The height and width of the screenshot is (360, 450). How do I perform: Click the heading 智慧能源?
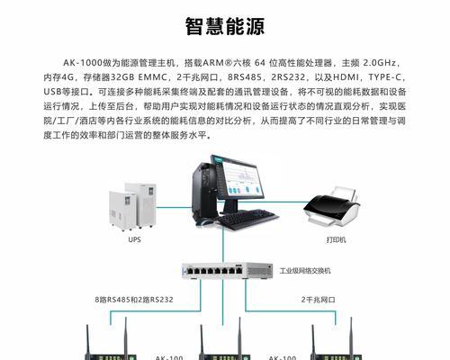[225, 26]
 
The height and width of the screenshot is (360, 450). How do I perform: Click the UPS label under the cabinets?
[134, 239]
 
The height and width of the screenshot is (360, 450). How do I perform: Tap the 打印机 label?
[337, 239]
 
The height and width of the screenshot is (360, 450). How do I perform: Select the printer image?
[331, 207]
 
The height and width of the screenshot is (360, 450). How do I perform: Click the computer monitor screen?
[238, 177]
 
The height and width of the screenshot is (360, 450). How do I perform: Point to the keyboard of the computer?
[247, 220]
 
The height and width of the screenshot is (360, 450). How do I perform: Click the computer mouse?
[204, 221]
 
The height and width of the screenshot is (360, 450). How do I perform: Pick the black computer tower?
[204, 191]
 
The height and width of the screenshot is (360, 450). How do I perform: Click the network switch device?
[228, 271]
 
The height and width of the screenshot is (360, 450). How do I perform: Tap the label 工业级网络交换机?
[305, 271]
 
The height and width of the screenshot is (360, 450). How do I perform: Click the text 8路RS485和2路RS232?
[134, 300]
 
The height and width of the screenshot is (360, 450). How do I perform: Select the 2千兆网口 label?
[319, 300]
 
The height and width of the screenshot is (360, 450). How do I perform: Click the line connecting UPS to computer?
[174, 207]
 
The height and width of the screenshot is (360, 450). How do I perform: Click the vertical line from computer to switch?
[223, 245]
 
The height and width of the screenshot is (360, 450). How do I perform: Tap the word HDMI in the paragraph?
[346, 77]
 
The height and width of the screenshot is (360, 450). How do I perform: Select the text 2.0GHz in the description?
[379, 63]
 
